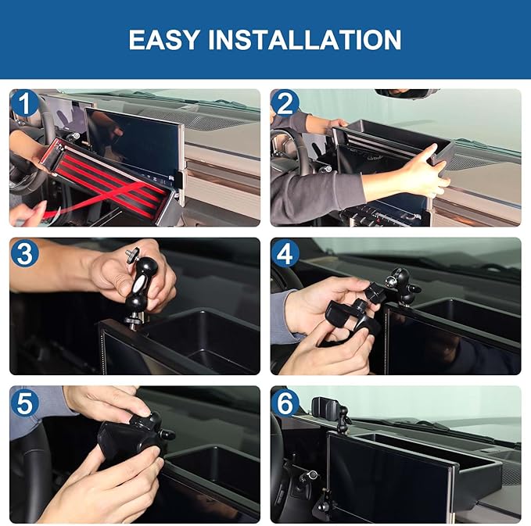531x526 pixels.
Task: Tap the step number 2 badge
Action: point(285,103)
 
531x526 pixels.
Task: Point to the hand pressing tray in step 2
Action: point(422,168)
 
